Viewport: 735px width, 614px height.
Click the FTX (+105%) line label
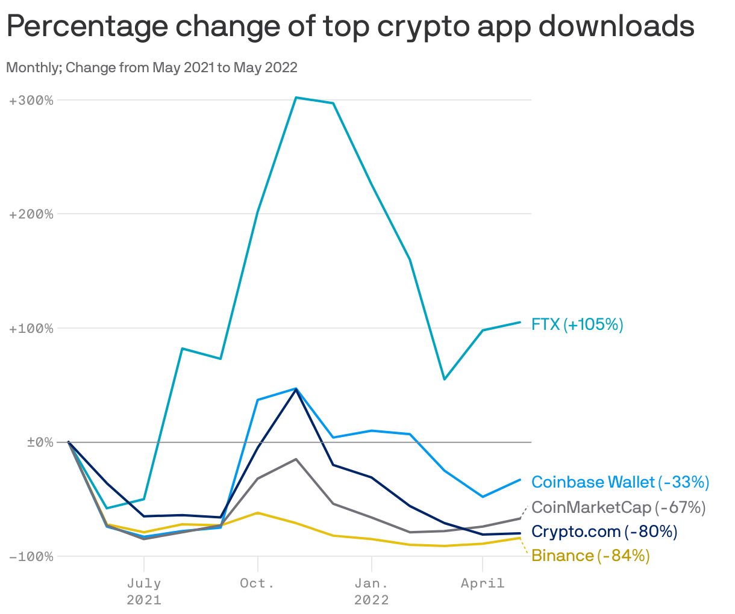pos(577,325)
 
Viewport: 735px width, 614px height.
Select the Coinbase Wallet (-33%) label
pos(620,482)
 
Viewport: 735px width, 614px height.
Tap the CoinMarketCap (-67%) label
pos(618,507)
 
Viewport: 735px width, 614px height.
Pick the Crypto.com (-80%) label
pos(604,532)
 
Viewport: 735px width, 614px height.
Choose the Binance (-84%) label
pos(590,556)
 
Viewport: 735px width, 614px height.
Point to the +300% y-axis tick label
pos(31,100)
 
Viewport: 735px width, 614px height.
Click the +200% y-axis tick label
pos(31,214)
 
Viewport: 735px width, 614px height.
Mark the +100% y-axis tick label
pos(31,328)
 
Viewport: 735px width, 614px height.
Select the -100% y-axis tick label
pos(31,556)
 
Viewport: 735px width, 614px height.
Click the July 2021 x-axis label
pos(144,591)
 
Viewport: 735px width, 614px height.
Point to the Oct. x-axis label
pos(257,583)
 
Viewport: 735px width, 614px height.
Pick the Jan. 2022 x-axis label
pos(372,591)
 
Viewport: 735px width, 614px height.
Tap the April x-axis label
pos(483,583)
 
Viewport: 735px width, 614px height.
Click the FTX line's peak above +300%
pos(296,98)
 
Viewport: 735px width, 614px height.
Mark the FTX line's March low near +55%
pos(445,379)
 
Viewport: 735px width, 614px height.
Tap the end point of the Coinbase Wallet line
pos(521,480)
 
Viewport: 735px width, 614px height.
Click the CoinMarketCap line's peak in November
pos(296,459)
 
